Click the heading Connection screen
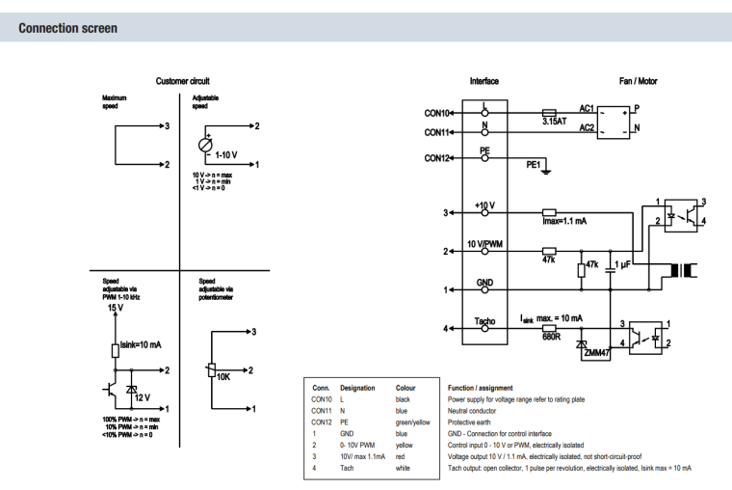pyautogui.click(x=68, y=28)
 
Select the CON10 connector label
pyautogui.click(x=437, y=113)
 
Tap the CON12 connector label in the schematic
pyautogui.click(x=437, y=158)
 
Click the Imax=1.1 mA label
pyautogui.click(x=564, y=221)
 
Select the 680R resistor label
pyautogui.click(x=551, y=337)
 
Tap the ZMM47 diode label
pyautogui.click(x=597, y=354)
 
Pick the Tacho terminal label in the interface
pyautogui.click(x=484, y=320)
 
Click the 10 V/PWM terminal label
pyautogui.click(x=484, y=243)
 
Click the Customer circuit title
pyautogui.click(x=183, y=81)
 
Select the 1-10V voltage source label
pyautogui.click(x=227, y=154)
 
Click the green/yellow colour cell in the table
pyautogui.click(x=413, y=422)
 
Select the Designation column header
pyautogui.click(x=357, y=388)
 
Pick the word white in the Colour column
pyautogui.click(x=405, y=468)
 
